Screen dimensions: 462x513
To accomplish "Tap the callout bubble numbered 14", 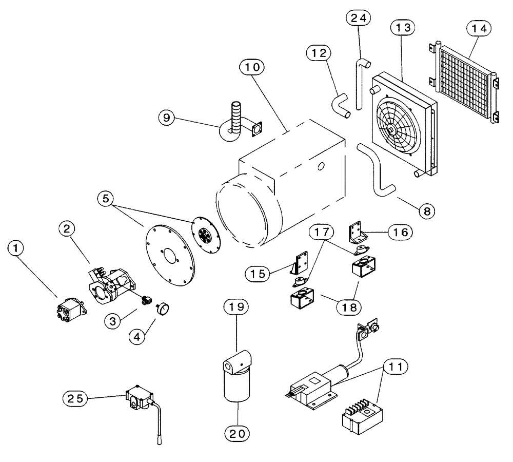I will coord(481,30).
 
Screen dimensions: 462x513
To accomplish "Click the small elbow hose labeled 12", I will coord(340,103).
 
